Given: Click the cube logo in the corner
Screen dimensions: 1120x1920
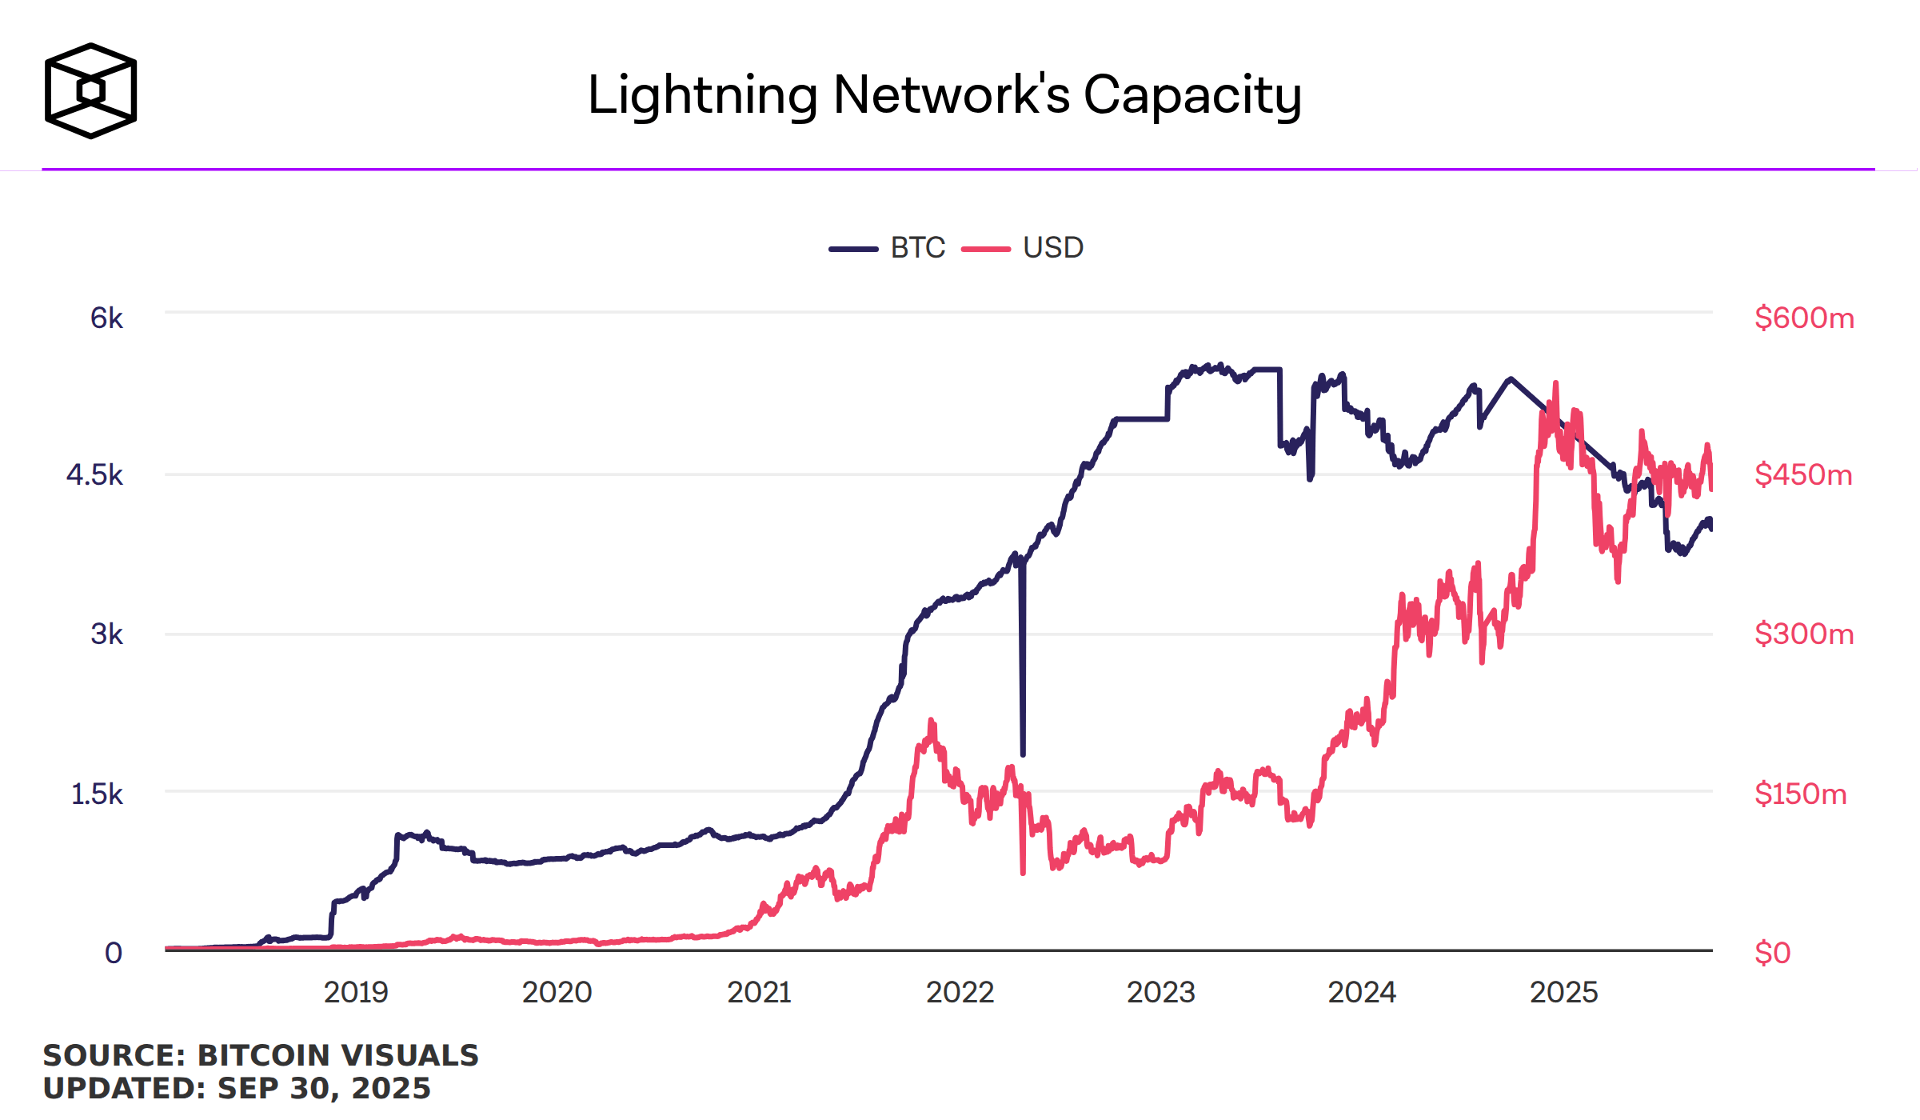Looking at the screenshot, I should coord(90,90).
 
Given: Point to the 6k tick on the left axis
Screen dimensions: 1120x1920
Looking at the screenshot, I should coord(106,318).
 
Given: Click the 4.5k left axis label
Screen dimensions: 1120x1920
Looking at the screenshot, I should coord(94,475).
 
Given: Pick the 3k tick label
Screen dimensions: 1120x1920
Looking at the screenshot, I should coord(106,634).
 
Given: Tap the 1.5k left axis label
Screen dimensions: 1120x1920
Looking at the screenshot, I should coord(97,794).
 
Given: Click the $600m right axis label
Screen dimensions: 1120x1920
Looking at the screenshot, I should coord(1803,318).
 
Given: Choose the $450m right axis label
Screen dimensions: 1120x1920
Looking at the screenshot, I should coord(1802,475).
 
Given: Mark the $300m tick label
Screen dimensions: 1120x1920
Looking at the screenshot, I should coord(1803,634).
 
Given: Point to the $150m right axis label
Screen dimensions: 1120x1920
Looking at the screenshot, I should coord(1800,794).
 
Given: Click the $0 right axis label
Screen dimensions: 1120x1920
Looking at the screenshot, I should coord(1772,953).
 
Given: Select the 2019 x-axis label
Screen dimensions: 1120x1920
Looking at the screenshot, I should coord(356,993).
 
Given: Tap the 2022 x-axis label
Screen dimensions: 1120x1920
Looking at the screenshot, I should coord(960,993).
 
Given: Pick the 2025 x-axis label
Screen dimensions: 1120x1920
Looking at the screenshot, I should coord(1563,993).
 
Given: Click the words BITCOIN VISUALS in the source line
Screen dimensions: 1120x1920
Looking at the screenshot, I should coord(337,1056).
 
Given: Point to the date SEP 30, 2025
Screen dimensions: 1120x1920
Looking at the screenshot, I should coord(324,1089).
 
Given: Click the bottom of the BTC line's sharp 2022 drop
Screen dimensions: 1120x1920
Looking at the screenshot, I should coord(1023,753).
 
